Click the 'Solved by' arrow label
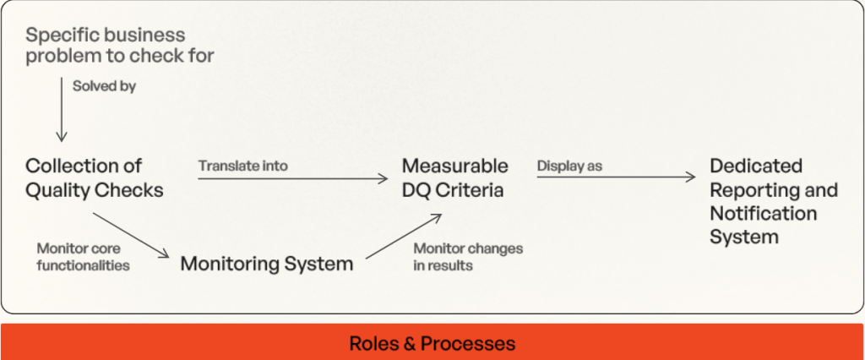(104, 87)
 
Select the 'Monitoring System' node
(266, 264)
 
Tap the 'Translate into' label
(242, 166)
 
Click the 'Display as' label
(569, 166)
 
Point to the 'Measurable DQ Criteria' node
(455, 177)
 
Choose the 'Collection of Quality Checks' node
(95, 177)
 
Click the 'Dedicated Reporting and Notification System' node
(774, 201)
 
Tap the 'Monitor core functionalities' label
(84, 257)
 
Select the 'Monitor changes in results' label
(468, 257)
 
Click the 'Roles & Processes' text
(432, 343)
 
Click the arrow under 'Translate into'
(293, 178)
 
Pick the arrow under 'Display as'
(617, 177)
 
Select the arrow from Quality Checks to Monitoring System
(131, 235)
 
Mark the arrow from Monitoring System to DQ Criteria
(404, 237)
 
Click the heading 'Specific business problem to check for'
(120, 46)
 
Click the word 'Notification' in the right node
(763, 213)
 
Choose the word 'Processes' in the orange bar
(468, 343)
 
